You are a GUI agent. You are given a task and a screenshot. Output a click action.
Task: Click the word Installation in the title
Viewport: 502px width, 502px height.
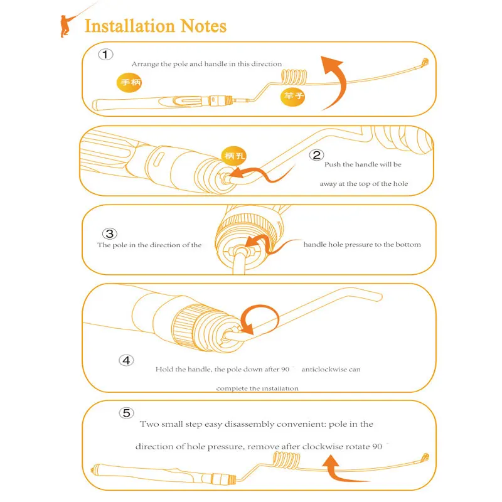[x=129, y=26]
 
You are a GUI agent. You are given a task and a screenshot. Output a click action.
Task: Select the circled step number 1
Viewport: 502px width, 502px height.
[x=105, y=55]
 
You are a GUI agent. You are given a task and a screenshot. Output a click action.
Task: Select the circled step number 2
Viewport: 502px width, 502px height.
[x=317, y=155]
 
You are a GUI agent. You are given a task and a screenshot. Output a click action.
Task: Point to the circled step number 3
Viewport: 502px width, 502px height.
[x=109, y=233]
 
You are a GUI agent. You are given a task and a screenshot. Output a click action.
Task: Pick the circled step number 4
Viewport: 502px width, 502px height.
[x=126, y=360]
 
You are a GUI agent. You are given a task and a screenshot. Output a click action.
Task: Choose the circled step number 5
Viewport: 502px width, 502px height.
[x=126, y=413]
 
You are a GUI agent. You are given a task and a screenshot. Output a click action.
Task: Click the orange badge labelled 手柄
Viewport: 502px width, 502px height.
[x=132, y=82]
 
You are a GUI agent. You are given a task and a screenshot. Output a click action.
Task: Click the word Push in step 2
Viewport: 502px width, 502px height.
[x=333, y=164]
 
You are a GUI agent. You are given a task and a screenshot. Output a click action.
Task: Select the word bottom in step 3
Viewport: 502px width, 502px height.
[x=409, y=245]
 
